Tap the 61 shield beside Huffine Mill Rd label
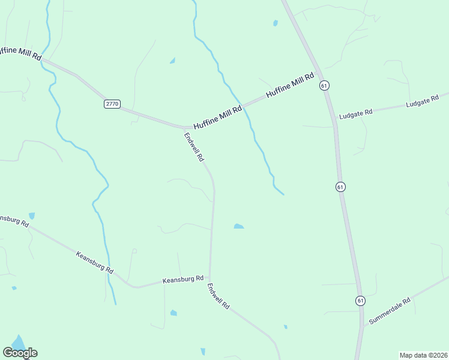pos(324,86)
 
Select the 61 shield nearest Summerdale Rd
pos(360,300)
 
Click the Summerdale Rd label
pos(389,311)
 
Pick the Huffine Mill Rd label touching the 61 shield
pos(291,85)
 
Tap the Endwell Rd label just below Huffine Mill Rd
pos(194,147)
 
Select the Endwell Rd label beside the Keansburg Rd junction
pos(218,296)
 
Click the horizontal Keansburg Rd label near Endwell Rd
pos(183,280)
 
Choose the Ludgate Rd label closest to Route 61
pos(356,112)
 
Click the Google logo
pos(20,353)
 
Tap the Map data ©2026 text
pos(423,355)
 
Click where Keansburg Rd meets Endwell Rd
pos(209,278)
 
